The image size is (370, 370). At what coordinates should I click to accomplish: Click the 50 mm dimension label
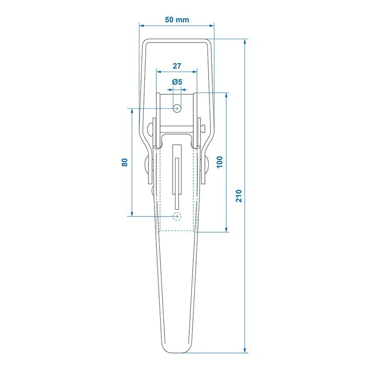tap(177, 20)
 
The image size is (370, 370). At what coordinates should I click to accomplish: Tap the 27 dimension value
tap(177, 66)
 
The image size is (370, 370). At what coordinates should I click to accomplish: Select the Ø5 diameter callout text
tap(177, 82)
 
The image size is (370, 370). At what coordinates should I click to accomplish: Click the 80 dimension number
tap(124, 162)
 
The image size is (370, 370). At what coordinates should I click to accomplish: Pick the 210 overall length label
tap(238, 196)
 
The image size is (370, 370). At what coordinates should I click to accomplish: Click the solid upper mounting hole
tap(177, 108)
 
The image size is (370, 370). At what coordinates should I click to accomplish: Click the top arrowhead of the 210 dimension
tap(245, 41)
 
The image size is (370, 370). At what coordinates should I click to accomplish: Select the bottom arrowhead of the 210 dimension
tap(245, 350)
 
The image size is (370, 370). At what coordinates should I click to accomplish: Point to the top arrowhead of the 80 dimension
tap(131, 111)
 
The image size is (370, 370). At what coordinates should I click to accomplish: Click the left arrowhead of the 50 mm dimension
tap(142, 25)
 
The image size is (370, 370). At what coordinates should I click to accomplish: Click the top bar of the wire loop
tap(177, 41)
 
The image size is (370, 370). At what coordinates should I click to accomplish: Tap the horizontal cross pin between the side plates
tap(177, 128)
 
